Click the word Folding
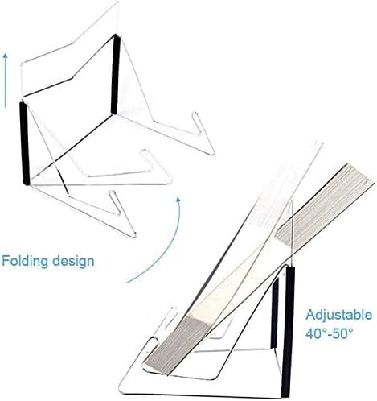(x=25, y=262)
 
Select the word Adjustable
(x=339, y=315)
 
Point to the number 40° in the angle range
(x=317, y=333)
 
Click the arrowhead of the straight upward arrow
(x=5, y=56)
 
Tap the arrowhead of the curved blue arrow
(x=178, y=200)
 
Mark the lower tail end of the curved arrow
(x=128, y=282)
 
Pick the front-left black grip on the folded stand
(x=24, y=143)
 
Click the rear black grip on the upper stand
(x=115, y=74)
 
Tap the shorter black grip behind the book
(x=274, y=313)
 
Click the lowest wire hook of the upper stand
(x=122, y=213)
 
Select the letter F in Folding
(x=6, y=261)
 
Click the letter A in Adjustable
(x=311, y=315)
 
